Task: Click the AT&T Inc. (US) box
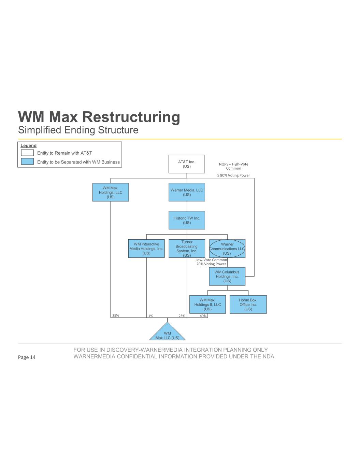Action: (187, 164)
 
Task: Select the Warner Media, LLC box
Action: (187, 192)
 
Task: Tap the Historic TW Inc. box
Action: (187, 220)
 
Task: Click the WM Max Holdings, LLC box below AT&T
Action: (111, 192)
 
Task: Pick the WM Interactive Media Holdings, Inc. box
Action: (146, 249)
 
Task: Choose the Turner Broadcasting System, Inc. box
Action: (187, 249)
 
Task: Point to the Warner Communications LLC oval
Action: (227, 249)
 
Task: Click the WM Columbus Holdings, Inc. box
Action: (227, 277)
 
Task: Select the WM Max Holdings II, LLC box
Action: (207, 304)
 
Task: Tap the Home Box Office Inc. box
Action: (248, 304)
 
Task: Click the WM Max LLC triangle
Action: (167, 334)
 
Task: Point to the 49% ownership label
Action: (203, 316)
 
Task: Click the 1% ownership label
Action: (150, 316)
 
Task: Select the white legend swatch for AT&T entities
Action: (27, 153)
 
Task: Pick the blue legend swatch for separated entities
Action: (27, 162)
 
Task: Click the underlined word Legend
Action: (28, 146)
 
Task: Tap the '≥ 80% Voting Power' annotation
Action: (234, 175)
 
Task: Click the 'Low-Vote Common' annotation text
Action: (211, 260)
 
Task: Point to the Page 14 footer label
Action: (27, 357)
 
